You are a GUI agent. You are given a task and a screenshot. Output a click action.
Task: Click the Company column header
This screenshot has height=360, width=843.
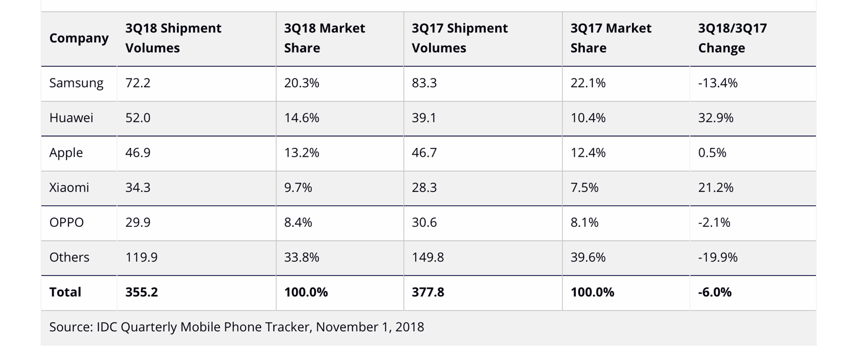point(79,38)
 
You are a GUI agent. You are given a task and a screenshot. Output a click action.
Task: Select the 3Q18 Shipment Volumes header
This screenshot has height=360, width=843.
point(173,38)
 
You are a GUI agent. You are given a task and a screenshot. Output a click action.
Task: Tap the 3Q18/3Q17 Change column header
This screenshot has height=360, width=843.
point(732,38)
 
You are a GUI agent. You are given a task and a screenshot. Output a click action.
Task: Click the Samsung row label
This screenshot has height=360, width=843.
point(76,83)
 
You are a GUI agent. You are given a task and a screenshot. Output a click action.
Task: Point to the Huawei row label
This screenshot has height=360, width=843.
point(71,118)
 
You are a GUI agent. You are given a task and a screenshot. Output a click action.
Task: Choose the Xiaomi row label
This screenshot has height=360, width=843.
point(70,187)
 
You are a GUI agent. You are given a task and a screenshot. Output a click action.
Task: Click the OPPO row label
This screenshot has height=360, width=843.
point(67,222)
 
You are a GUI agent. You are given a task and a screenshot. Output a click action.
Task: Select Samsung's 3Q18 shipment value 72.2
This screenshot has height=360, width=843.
point(138,83)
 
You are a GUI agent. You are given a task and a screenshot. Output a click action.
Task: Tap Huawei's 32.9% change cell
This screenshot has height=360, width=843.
point(716,118)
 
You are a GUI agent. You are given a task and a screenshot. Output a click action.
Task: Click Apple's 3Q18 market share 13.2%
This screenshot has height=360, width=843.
point(301,153)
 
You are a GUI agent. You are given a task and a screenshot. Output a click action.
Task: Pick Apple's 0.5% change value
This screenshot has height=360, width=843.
point(712,153)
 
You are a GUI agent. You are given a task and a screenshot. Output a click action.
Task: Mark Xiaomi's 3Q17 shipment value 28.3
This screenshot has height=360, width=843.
point(424,187)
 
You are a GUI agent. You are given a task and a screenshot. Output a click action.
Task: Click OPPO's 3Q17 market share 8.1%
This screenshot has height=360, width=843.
point(584,222)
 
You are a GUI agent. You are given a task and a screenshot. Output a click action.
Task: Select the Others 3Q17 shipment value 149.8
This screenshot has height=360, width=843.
point(428,257)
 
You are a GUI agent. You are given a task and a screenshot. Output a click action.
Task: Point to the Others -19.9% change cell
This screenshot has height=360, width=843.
point(718,257)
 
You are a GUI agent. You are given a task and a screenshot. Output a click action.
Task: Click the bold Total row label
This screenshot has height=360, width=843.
point(65,292)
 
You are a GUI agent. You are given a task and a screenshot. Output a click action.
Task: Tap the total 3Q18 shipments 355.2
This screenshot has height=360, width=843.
point(141,292)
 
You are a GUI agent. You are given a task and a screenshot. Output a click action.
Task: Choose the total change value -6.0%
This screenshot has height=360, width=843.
point(714,292)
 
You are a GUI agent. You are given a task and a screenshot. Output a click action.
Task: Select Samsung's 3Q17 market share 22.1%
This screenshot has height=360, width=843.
point(588,83)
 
